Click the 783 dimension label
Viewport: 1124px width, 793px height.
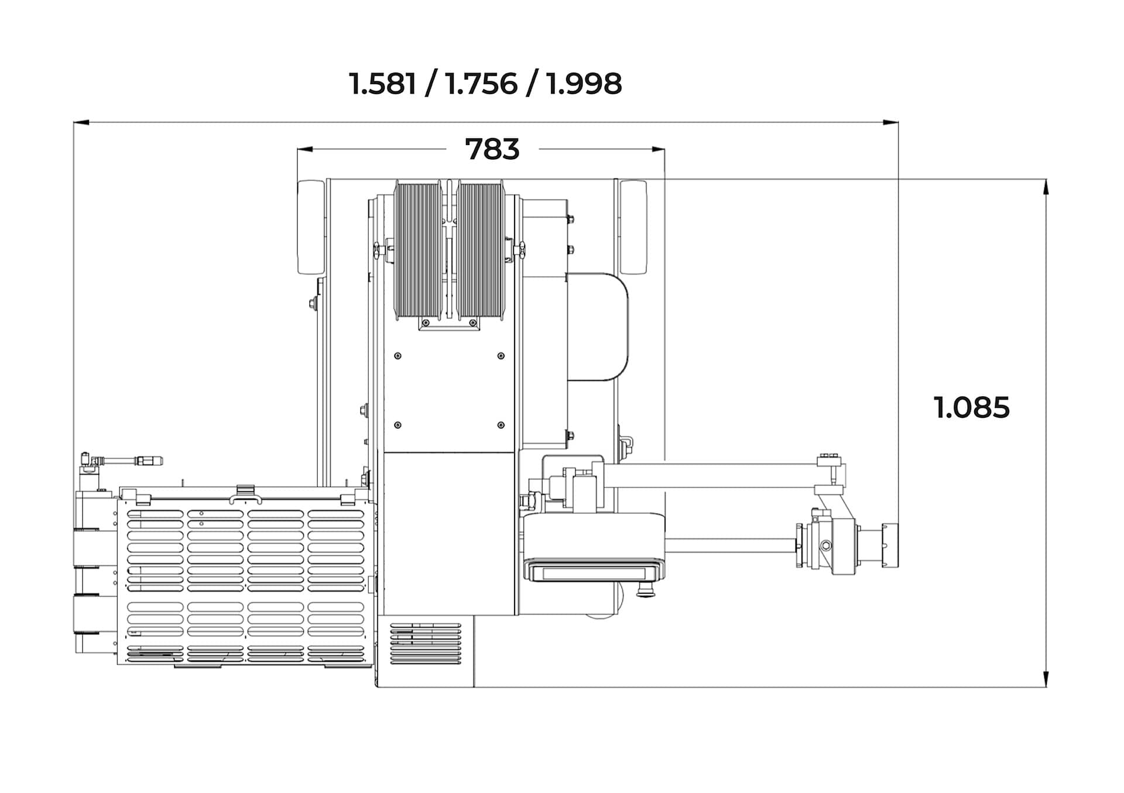coord(492,149)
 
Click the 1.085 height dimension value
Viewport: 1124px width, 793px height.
coord(971,407)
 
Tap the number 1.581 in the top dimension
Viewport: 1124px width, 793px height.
coord(383,84)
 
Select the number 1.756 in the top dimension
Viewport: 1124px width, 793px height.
coord(481,84)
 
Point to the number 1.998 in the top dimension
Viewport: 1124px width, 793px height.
coord(584,84)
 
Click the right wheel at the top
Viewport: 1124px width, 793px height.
coord(633,227)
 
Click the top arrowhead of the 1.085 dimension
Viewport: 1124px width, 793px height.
coord(1046,186)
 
